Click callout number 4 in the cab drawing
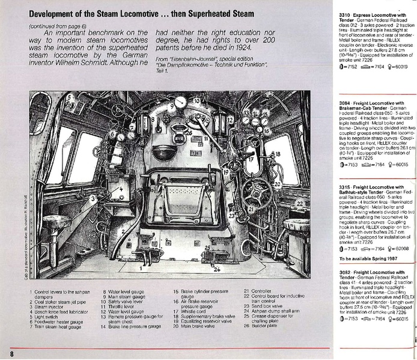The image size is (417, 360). pos(121,188)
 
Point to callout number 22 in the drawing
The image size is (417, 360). pos(299,203)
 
